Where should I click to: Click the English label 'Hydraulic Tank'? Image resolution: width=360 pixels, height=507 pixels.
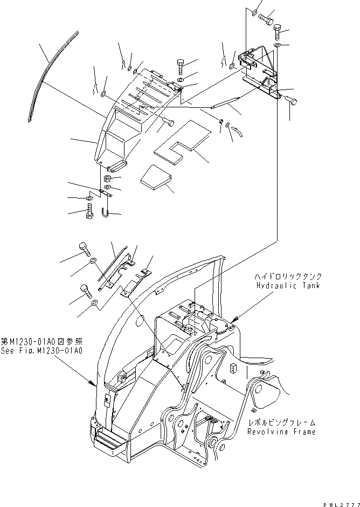tap(288, 286)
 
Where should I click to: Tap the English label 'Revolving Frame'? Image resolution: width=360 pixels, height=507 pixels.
tap(281, 432)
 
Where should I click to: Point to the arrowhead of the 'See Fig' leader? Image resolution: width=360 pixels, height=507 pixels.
tap(92, 384)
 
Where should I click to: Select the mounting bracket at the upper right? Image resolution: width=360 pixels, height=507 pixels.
tap(260, 70)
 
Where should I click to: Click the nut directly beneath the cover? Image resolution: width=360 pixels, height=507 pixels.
tap(107, 179)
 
